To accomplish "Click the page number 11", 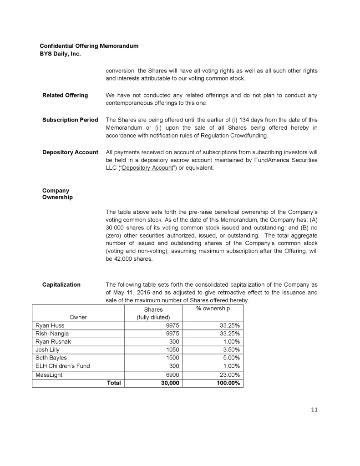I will pos(314,410).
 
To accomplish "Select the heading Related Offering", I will pos(65,95).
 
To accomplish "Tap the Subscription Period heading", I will pos(70,120).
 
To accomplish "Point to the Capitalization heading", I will pos(61,285).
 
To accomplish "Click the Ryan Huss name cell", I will pos(50,325).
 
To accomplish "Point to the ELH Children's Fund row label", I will pos(63,366).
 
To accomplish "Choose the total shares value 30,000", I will pos(169,383).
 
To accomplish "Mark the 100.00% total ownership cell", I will pos(226,383).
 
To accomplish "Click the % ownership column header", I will pos(213,309).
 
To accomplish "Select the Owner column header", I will pos(78,317).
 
